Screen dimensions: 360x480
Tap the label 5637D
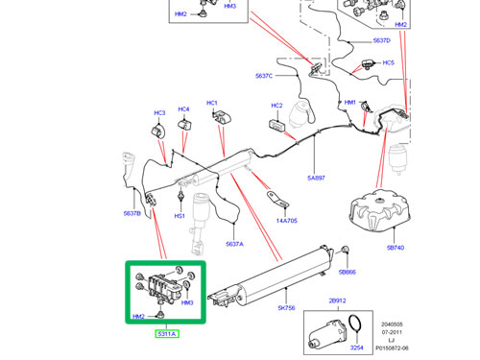[380, 40]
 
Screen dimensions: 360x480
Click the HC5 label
[389, 62]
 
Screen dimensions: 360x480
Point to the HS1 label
[180, 216]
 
